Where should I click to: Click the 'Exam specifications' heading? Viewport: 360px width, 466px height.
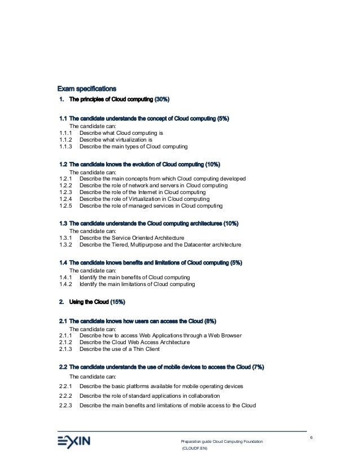pyautogui.click(x=87, y=89)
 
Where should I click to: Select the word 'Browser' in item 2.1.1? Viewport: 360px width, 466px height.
pyautogui.click(x=230, y=335)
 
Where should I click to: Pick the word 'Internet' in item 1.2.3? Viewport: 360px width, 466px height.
pyautogui.click(x=140, y=192)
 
